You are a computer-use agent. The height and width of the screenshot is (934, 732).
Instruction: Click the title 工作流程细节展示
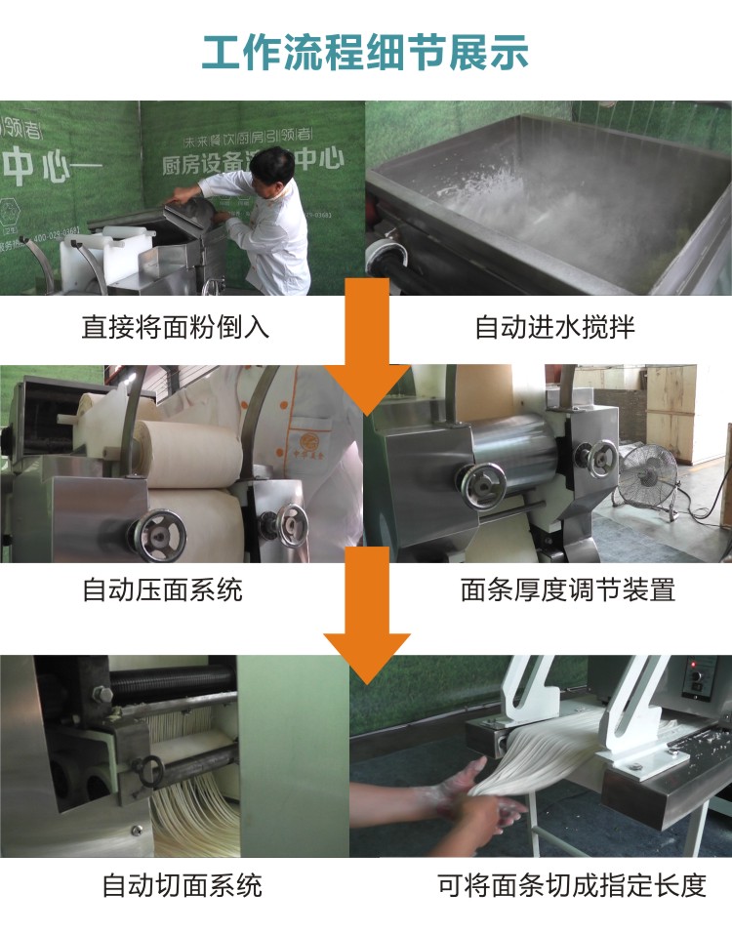pos(365,51)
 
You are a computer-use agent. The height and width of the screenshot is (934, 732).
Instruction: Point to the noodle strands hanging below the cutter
pos(195,820)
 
